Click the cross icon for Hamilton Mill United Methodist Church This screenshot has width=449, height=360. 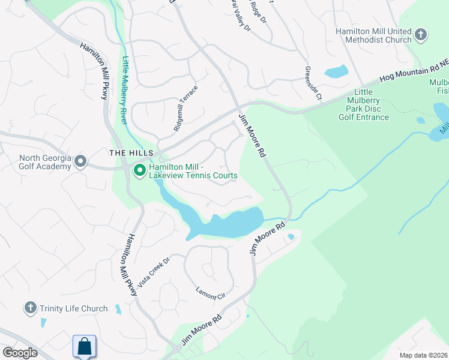421,34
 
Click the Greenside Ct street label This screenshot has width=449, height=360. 314,82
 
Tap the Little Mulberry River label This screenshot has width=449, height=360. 125,90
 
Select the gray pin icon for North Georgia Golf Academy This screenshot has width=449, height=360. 80,161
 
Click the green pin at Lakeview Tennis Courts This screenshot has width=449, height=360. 140,171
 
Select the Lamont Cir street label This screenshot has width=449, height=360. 210,294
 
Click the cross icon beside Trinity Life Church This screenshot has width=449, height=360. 30,308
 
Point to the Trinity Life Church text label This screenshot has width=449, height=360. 74,309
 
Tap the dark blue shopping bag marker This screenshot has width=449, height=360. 84,346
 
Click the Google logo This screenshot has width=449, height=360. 19,353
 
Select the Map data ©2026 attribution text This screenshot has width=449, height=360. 423,355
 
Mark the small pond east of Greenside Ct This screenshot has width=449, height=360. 336,72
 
